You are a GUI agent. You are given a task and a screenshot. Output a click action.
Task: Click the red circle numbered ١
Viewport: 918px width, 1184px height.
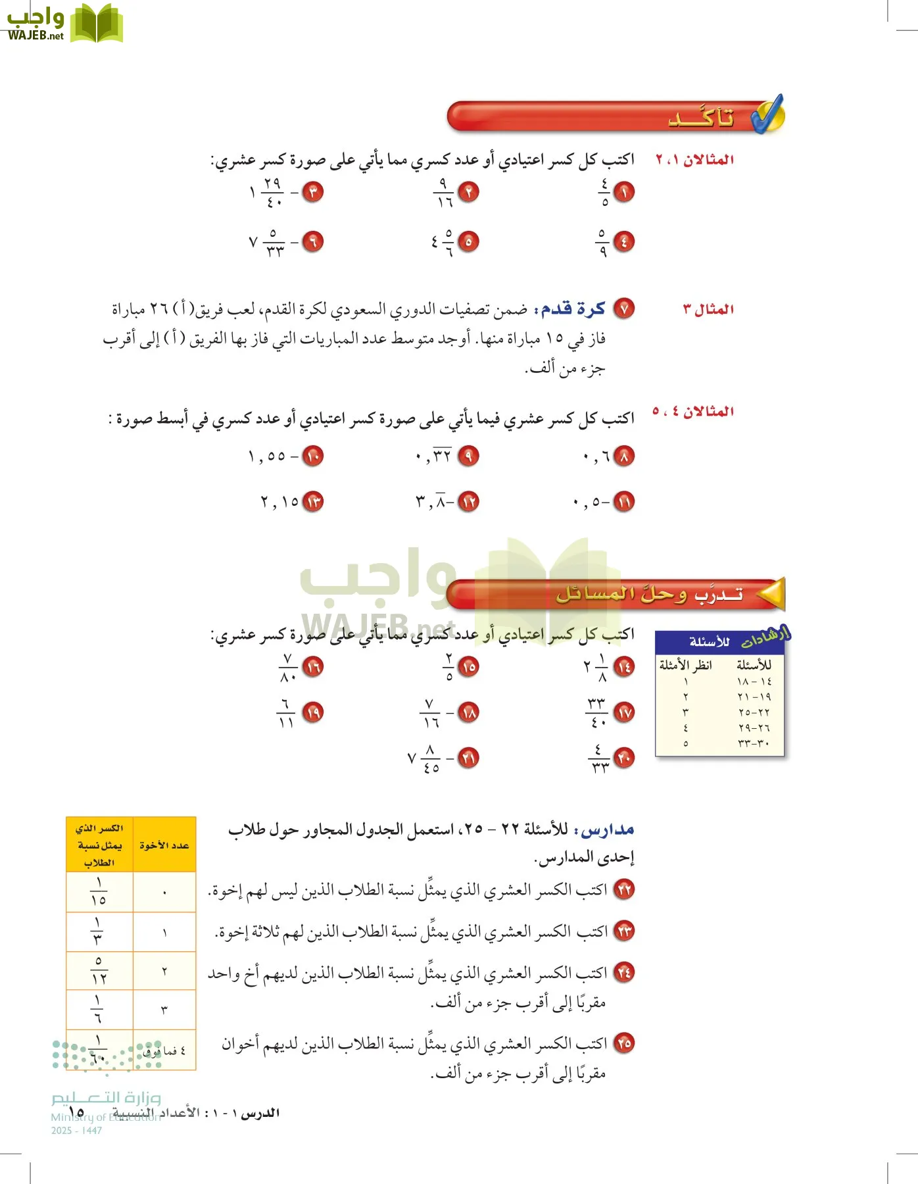[x=623, y=192]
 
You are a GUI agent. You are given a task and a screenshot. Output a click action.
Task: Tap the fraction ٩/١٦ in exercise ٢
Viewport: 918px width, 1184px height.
[x=444, y=193]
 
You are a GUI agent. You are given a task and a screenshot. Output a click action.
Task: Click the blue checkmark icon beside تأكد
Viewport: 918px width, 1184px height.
[x=768, y=114]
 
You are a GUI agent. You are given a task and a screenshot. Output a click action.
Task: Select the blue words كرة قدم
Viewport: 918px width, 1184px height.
[x=572, y=309]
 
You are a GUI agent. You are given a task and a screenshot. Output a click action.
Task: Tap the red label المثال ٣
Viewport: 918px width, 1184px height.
[x=708, y=309]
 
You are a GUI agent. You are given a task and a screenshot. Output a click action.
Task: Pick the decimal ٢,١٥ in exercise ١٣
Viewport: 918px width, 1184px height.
[x=279, y=503]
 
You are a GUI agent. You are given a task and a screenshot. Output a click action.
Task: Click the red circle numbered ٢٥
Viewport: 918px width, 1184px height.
[x=623, y=1043]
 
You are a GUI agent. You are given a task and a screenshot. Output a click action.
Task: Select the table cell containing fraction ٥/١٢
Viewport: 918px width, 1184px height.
[x=99, y=971]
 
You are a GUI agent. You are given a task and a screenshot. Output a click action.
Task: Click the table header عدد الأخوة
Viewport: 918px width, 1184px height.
[x=164, y=845]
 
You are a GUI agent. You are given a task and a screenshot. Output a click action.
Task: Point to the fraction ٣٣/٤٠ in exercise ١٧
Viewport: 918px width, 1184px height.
[x=596, y=713]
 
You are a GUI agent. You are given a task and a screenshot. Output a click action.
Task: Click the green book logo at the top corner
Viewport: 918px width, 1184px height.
[x=96, y=24]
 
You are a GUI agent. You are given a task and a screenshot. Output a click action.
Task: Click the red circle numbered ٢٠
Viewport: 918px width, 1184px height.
[x=623, y=758]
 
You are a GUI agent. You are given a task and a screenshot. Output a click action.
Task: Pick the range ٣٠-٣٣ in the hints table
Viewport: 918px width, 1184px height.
[x=754, y=744]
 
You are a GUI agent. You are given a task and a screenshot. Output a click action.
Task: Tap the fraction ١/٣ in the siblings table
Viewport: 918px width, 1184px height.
[x=99, y=931]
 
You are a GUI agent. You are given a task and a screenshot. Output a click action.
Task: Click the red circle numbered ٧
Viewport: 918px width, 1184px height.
[x=623, y=308]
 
